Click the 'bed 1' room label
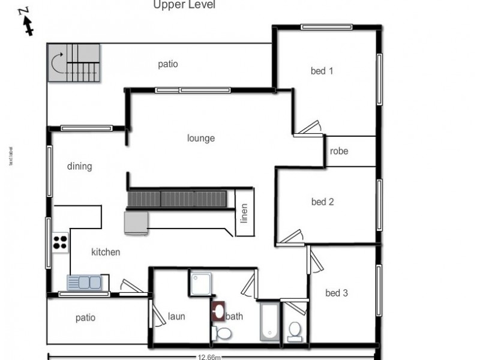[322, 71]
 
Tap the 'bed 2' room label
[322, 202]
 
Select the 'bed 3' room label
[336, 293]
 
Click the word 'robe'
[339, 151]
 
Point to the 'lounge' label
[200, 138]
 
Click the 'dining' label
[79, 166]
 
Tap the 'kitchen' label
[106, 252]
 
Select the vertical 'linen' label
[244, 214]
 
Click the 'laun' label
[176, 316]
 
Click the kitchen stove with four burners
[60, 242]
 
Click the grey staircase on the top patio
[73, 65]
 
